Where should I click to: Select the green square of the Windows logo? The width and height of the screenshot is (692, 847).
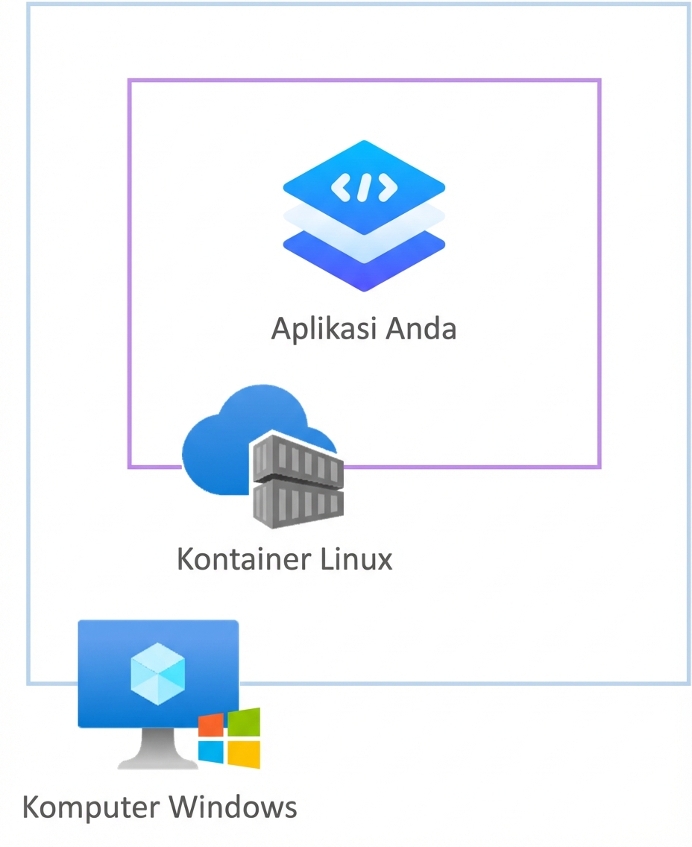pos(244,722)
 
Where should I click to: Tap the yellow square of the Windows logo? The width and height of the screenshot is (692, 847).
pos(244,754)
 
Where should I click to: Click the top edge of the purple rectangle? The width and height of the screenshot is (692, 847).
pos(364,80)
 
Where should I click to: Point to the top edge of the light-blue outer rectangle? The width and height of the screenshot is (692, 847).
pos(358,4)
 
